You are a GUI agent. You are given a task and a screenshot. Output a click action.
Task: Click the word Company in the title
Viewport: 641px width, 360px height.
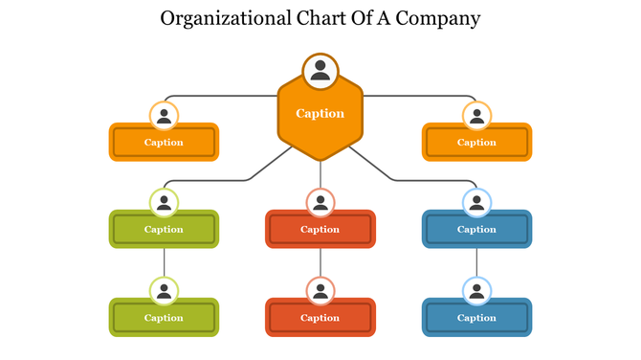[x=439, y=18]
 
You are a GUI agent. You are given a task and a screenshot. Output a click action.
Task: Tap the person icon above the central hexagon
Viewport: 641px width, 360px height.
[x=320, y=71]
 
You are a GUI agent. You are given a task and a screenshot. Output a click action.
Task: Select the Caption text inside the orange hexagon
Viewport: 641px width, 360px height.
[x=320, y=113]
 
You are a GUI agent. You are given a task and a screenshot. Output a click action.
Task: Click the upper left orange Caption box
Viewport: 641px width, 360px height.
[x=164, y=143]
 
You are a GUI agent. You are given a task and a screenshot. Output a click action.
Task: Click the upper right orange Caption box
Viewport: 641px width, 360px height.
[x=476, y=143]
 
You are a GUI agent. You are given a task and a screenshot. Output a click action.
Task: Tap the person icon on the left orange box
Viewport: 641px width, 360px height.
[x=165, y=117]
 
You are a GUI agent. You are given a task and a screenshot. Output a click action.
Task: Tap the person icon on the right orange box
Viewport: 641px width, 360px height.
[x=476, y=117]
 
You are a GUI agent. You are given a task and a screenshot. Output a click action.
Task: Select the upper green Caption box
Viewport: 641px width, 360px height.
[x=164, y=230]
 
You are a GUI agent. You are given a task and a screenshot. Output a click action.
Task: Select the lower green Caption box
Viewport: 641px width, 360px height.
[x=164, y=318]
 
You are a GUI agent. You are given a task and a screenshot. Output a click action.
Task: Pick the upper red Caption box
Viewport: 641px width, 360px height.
[x=320, y=230]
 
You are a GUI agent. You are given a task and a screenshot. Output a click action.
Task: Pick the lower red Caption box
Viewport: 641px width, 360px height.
[x=320, y=318]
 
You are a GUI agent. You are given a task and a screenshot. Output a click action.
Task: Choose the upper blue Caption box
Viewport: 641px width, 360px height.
[x=476, y=230]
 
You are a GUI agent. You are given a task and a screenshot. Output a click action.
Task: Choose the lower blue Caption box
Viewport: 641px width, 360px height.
[x=476, y=318]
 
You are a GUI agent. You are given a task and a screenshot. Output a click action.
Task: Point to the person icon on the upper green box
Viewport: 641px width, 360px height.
[x=165, y=203]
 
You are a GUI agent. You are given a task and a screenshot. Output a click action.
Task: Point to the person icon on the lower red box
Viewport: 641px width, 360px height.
[x=320, y=291]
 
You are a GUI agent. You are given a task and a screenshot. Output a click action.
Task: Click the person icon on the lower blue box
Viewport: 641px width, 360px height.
[x=476, y=291]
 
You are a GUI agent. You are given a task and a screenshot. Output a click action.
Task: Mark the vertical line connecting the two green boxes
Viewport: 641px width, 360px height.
[x=165, y=262]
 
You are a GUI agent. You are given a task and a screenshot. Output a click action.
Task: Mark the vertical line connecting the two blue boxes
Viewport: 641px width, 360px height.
[x=476, y=262]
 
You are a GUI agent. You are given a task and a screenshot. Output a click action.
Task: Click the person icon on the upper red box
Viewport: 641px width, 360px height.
[x=320, y=203]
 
